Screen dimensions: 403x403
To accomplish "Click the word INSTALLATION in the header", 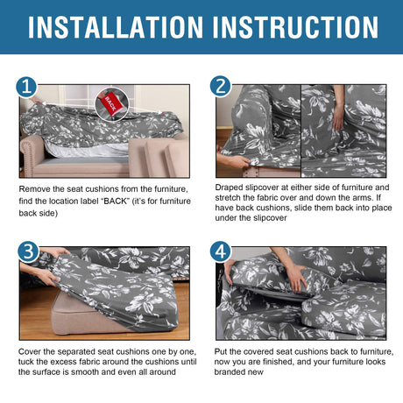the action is tap(116, 27).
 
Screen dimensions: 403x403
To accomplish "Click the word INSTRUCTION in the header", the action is tap(295, 27).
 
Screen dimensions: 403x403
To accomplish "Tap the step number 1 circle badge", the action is tap(26, 88).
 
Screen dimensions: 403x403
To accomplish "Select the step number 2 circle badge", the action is tap(221, 87).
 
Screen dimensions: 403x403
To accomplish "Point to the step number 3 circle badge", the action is tap(28, 251).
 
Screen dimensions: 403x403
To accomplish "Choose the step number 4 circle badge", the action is tap(221, 251).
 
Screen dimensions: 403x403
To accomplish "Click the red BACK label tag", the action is tap(110, 103).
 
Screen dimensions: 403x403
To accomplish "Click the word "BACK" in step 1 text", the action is tap(117, 201).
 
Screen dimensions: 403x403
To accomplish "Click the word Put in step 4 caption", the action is tap(221, 351).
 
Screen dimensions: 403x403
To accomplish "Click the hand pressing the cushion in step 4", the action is tap(296, 277).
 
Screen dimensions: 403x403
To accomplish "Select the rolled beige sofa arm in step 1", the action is tap(32, 155).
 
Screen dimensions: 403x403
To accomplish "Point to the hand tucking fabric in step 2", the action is tap(339, 117).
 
